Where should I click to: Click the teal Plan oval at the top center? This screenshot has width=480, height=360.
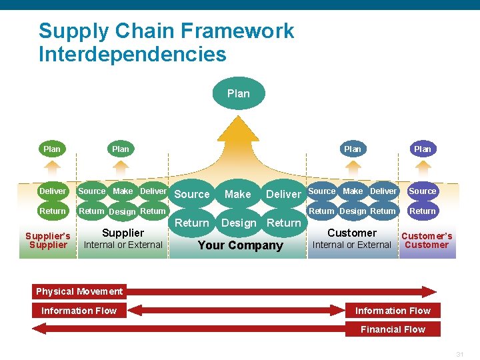(238, 93)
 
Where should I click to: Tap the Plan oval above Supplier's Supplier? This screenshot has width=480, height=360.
(51, 149)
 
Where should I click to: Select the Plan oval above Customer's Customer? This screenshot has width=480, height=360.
(422, 149)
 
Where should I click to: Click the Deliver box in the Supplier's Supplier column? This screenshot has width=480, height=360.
(53, 191)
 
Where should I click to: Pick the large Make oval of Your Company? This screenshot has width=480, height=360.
(237, 194)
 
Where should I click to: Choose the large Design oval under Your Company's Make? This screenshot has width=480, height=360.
(238, 223)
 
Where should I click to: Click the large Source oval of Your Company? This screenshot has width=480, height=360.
(192, 194)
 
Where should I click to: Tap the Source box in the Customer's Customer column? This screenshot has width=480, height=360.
(422, 191)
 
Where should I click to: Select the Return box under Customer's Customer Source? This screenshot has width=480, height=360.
(422, 211)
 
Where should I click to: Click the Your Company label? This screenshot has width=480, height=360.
(240, 245)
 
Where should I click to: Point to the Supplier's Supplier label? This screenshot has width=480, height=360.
(47, 240)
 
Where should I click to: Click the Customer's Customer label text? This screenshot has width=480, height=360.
(427, 240)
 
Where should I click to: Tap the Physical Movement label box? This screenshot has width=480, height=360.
(79, 291)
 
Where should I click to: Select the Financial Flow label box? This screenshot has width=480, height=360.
(393, 329)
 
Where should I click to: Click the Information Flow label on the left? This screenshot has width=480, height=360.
(79, 311)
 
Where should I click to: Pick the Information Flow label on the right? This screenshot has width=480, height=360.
(393, 311)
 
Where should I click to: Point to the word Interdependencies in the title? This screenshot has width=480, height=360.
(132, 53)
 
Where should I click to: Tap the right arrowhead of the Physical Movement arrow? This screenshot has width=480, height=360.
(430, 291)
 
